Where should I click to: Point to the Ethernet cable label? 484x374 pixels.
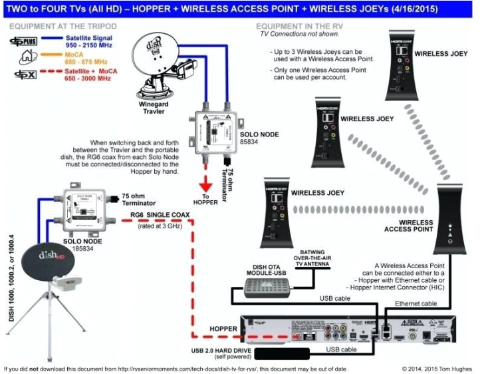click(417, 303)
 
